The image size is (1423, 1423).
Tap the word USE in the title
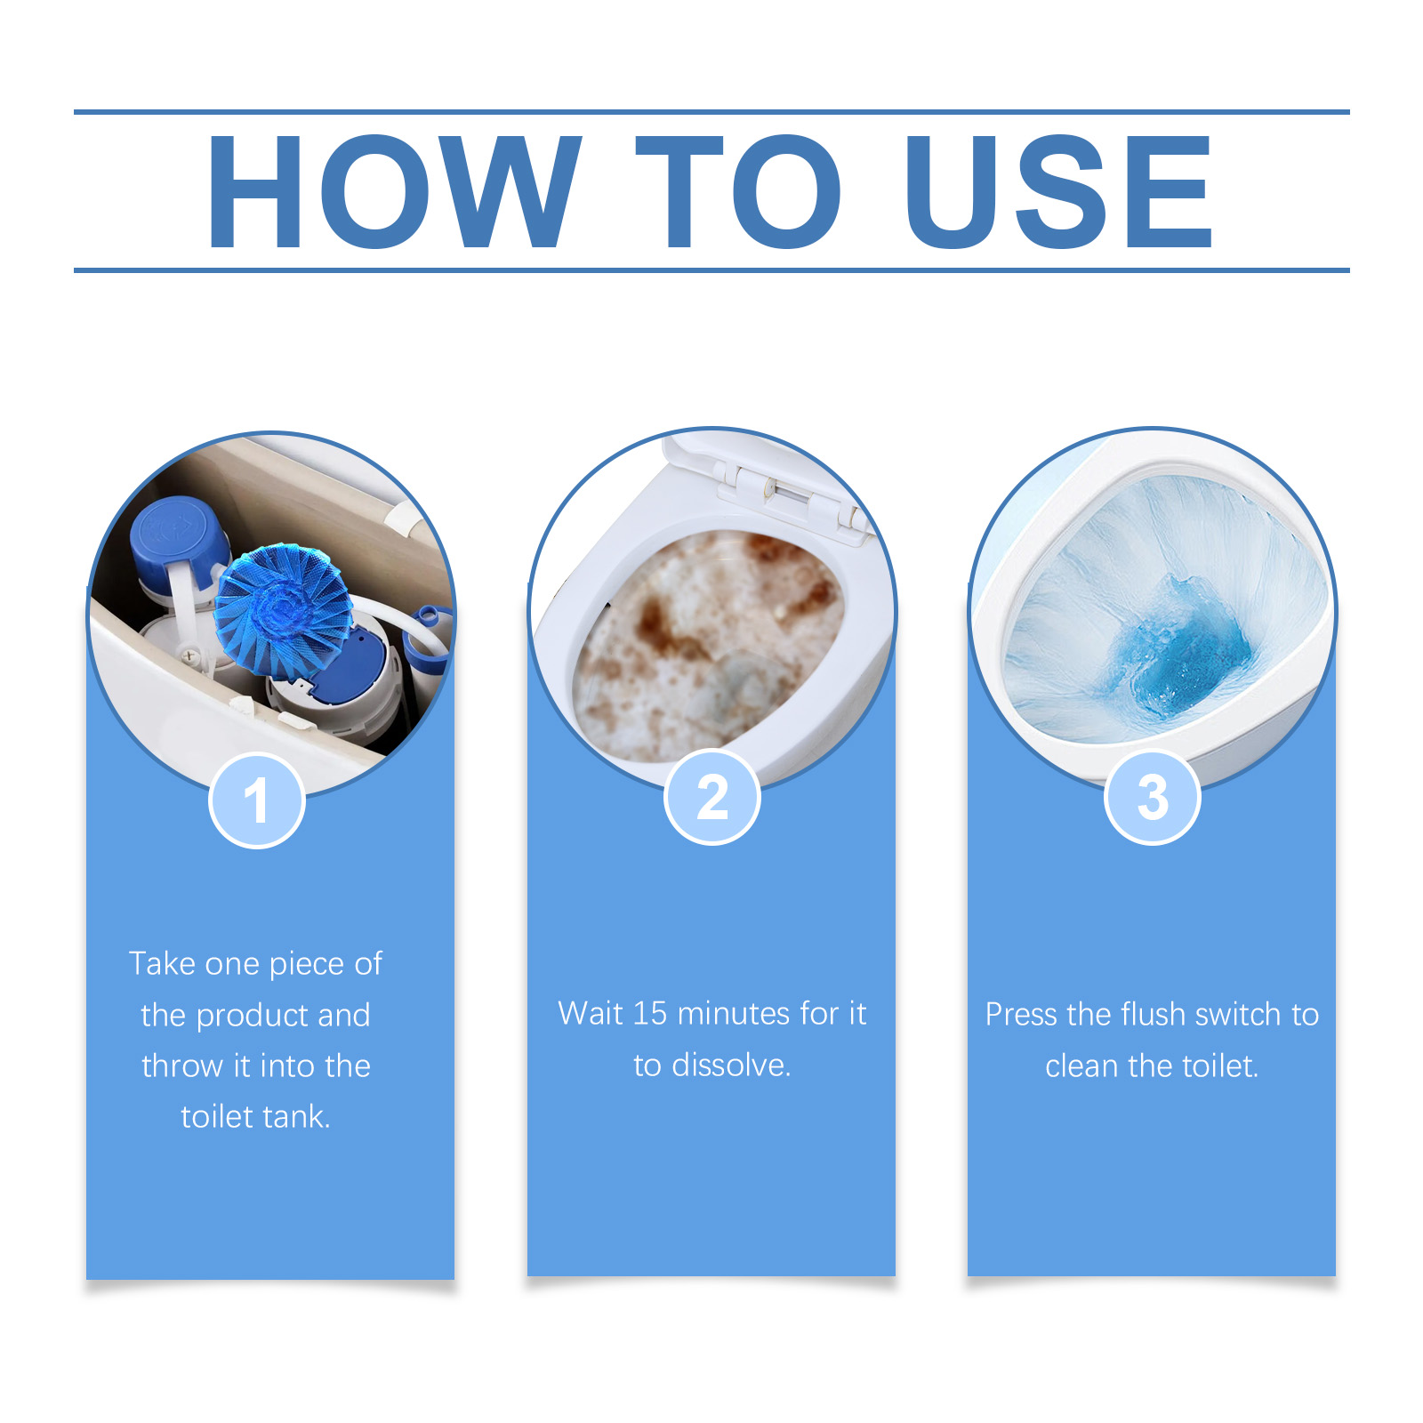tap(1058, 191)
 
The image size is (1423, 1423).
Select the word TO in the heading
tap(737, 191)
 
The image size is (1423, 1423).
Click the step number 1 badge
tap(257, 800)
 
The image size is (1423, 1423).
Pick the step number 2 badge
tap(712, 797)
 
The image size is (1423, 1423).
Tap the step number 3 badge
tap(1153, 797)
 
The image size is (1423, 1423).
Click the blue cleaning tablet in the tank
tap(283, 608)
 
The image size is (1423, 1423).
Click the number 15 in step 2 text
tap(649, 1013)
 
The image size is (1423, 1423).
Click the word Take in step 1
tap(162, 963)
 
